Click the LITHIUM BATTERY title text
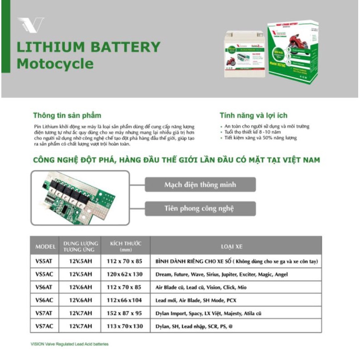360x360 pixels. click(x=88, y=47)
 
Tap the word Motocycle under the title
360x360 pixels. click(x=55, y=63)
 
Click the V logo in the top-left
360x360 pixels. click(x=30, y=25)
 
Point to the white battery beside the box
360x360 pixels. click(x=245, y=57)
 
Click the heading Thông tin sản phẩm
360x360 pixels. click(x=67, y=115)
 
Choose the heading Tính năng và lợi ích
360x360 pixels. click(x=253, y=115)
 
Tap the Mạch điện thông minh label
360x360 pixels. click(x=200, y=185)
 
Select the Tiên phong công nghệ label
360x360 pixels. click(x=200, y=208)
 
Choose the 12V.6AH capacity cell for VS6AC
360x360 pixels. click(x=81, y=301)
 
